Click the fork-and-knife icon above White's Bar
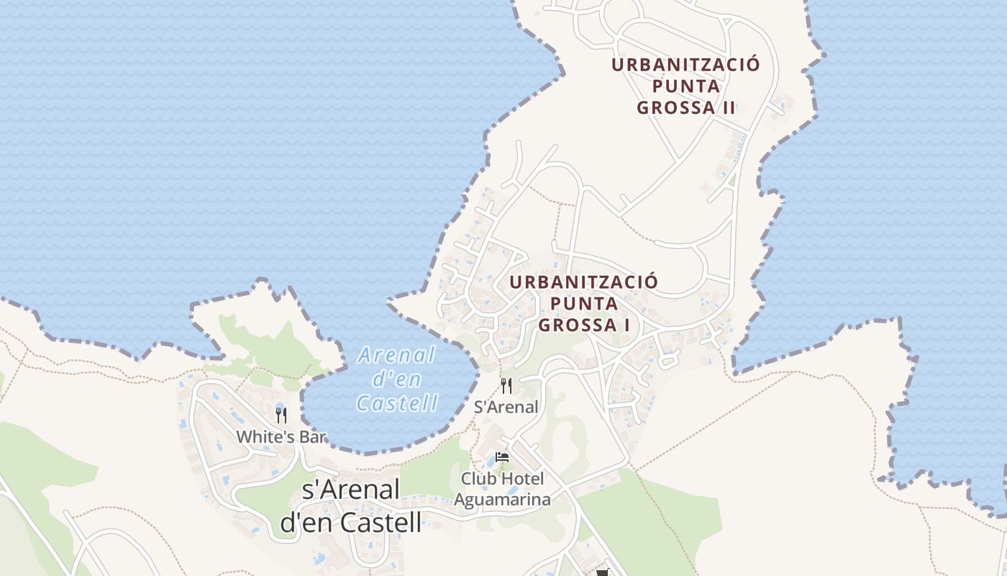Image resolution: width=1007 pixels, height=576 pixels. [281, 415]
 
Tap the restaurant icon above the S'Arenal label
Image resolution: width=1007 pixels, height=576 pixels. [506, 386]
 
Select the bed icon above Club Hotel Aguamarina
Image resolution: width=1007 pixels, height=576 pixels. [502, 457]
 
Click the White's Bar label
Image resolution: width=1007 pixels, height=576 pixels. [281, 437]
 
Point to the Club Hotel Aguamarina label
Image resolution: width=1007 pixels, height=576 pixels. [502, 489]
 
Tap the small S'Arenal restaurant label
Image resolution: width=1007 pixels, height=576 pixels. [506, 407]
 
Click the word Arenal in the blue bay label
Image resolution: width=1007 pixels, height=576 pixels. [397, 355]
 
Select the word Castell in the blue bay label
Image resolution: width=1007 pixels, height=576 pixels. [397, 402]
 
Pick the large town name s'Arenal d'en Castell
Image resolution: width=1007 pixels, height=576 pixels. [351, 506]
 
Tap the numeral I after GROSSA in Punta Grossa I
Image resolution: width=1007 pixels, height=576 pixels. [626, 325]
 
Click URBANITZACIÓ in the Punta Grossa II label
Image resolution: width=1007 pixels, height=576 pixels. [685, 64]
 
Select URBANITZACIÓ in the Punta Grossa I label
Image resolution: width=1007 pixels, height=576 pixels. [584, 282]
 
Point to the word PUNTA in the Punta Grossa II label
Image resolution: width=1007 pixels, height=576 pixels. [685, 86]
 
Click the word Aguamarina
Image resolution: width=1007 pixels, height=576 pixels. [502, 499]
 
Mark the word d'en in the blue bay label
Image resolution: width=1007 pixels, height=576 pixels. [397, 379]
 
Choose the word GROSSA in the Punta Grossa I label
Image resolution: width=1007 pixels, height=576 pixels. [576, 325]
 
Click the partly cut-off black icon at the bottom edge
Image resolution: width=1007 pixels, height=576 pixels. [602, 572]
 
